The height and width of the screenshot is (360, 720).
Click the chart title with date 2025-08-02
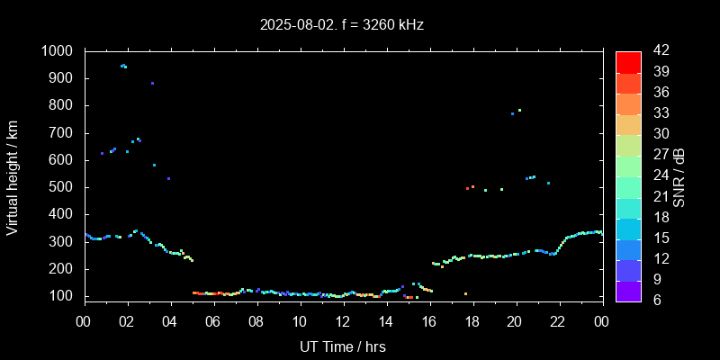342,24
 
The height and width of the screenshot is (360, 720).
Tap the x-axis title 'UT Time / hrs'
343,346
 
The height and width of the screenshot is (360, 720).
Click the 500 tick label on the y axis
65,187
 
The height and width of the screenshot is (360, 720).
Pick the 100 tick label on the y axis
65,296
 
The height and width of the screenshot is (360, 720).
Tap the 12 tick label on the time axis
343,321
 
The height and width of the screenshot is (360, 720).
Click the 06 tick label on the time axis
213,321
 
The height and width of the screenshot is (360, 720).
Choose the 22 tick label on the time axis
559,321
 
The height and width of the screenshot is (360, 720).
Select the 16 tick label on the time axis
429,321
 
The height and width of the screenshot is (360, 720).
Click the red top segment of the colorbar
628,61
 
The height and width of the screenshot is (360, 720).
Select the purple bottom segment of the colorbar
628,290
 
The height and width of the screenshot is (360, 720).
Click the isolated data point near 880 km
152,83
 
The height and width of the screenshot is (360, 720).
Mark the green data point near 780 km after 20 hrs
519,111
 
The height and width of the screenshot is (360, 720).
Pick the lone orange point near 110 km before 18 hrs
465,294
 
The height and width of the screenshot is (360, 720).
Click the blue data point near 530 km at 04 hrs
168,178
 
